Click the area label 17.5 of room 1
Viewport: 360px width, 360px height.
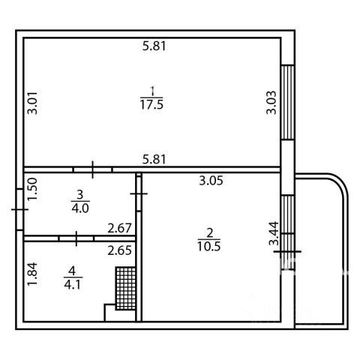[151, 104]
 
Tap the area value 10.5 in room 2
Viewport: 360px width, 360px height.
[209, 247]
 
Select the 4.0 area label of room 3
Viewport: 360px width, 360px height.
[80, 208]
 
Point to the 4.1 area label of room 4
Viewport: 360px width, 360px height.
[73, 284]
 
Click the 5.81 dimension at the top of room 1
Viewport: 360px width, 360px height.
[154, 46]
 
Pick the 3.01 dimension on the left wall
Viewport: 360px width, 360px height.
[32, 103]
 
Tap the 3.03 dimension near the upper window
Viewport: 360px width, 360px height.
[271, 103]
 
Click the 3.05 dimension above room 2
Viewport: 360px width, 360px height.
[211, 180]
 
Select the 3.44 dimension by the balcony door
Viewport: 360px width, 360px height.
[274, 233]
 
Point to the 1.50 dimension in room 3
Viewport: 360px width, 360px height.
[32, 189]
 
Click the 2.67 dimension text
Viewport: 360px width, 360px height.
[119, 228]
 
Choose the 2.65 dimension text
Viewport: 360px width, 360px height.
[119, 250]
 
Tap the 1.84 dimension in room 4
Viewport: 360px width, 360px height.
[32, 274]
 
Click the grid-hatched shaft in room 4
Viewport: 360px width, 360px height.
[126, 288]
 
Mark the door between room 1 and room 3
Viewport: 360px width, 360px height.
[93, 169]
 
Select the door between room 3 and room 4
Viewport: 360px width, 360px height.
[76, 238]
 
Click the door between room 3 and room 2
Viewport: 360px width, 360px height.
[139, 193]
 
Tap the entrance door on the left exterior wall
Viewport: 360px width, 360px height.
[19, 209]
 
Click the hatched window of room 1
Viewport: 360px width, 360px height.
[287, 102]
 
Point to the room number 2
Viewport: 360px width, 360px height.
[209, 233]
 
